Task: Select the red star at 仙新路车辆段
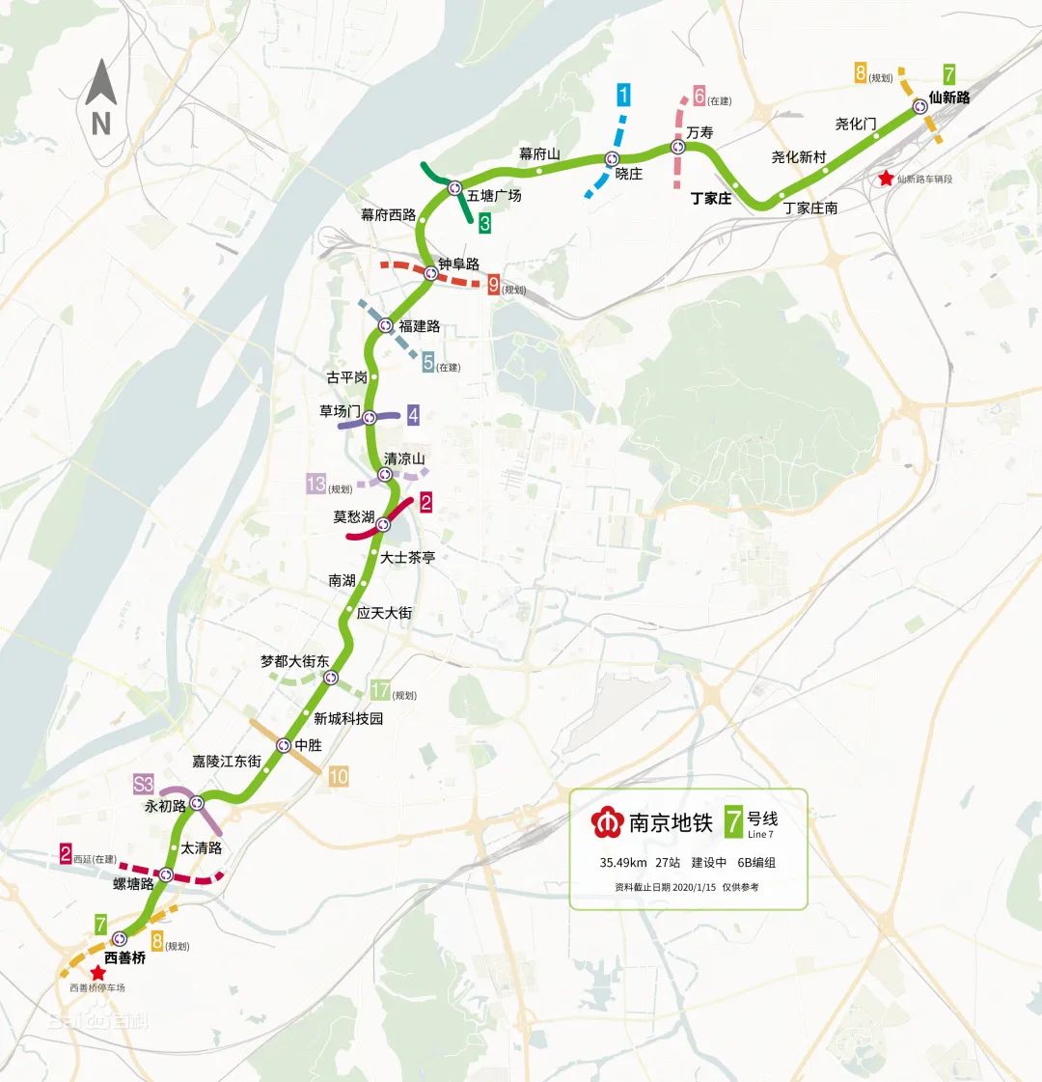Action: (x=886, y=179)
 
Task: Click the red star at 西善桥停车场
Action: (x=97, y=973)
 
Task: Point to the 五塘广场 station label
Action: (x=494, y=196)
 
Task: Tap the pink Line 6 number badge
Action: (x=699, y=97)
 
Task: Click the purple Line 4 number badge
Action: (x=413, y=416)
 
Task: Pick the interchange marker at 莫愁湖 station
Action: (x=383, y=524)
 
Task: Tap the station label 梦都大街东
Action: (x=294, y=662)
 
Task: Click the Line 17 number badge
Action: (x=380, y=691)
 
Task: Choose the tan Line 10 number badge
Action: (x=338, y=775)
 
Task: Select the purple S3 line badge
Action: (x=144, y=784)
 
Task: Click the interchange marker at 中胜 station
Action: (x=284, y=745)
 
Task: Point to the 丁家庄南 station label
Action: (x=809, y=208)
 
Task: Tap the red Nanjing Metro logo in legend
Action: (x=608, y=822)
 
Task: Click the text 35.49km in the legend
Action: (x=622, y=863)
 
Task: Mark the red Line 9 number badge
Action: (x=493, y=285)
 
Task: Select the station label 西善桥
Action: (x=124, y=958)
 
